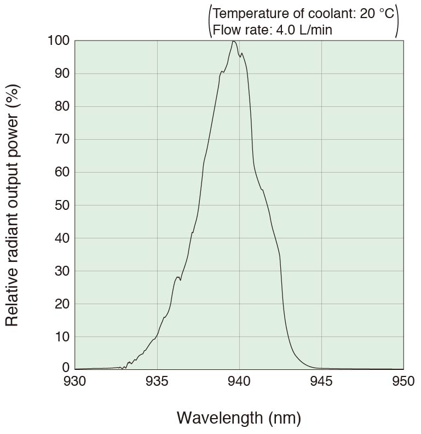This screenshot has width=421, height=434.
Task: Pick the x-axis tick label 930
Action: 75,381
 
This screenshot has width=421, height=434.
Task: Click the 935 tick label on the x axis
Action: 157,381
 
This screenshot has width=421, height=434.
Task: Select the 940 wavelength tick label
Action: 239,381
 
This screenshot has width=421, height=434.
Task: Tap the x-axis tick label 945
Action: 321,381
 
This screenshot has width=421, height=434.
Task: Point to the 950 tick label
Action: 403,381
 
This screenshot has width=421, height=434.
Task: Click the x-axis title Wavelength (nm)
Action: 239,418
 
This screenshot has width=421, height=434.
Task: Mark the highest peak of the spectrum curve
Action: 234,41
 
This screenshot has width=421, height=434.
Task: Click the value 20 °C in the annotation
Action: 377,14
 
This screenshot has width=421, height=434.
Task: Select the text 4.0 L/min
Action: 303,30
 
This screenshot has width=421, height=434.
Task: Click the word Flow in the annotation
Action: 226,30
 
